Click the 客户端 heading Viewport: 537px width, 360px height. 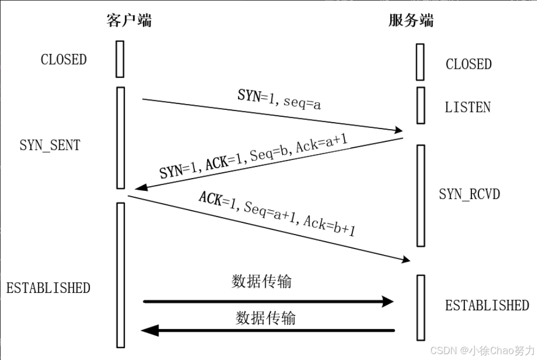[129, 20]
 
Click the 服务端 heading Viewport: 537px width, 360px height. [411, 20]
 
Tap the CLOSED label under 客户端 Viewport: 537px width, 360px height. [64, 59]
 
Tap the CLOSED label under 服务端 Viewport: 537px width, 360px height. [468, 64]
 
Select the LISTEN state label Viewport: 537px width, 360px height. [468, 107]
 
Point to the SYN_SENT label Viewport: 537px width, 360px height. [50, 145]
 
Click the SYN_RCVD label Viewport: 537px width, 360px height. [469, 194]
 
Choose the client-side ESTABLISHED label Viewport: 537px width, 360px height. [48, 288]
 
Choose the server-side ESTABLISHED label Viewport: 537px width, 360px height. [487, 306]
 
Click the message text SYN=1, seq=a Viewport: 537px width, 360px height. [279, 99]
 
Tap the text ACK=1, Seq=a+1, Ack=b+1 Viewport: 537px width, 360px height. [277, 214]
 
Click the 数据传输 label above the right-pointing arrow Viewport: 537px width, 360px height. [262, 281]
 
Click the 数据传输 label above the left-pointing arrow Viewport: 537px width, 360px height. [265, 318]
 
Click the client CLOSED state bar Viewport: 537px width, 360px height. [120, 59]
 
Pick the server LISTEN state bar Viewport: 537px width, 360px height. [421, 105]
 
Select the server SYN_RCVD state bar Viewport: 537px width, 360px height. [421, 195]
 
